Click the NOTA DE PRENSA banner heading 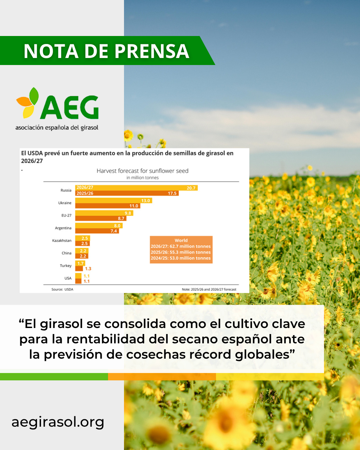pos(106,51)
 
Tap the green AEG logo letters pos(69,107)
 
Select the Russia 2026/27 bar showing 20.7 pos(136,188)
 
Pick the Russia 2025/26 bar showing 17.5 pos(127,193)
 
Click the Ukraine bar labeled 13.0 pos(114,201)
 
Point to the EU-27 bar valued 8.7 pos(101,218)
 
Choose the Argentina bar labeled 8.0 pos(99,226)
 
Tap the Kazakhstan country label pos(62,240)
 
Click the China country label pos(67,253)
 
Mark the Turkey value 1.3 pos(88,269)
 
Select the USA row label pos(68,278)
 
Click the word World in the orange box pos(181,240)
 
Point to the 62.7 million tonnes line pos(181,246)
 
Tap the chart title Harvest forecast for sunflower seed pos(142,171)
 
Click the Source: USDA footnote pos(62,289)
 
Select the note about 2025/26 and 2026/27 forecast pos(209,289)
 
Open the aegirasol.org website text pos(58,422)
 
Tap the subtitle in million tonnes pos(142,178)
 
